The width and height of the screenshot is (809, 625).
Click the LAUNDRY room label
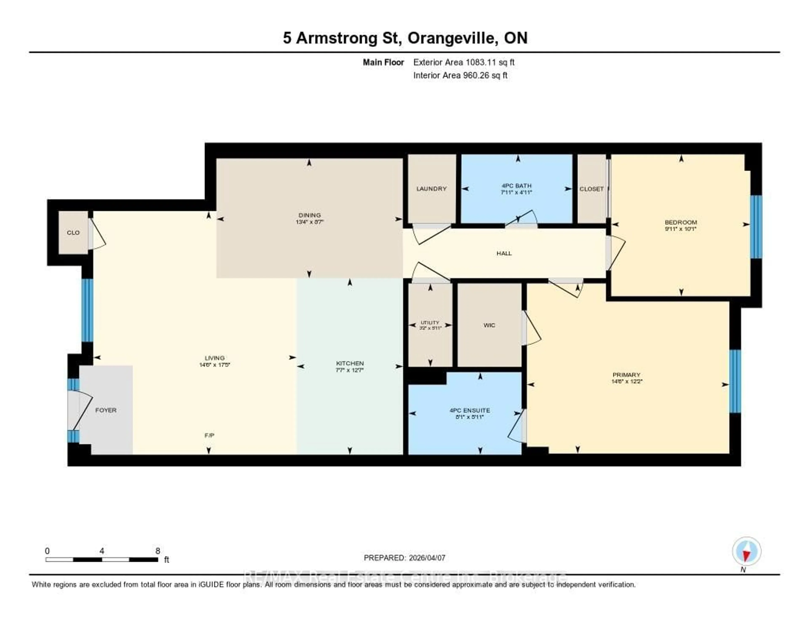click(x=431, y=189)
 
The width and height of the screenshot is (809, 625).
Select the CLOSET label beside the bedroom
click(x=591, y=189)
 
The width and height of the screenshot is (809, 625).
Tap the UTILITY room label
click(x=430, y=323)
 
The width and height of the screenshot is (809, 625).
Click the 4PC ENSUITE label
click(x=470, y=410)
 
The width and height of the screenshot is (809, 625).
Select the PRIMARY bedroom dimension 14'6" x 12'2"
click(x=626, y=381)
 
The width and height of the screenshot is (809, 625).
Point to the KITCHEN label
click(x=350, y=363)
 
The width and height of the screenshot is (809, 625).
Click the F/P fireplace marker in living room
click(x=209, y=435)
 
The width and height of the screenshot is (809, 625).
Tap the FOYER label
click(x=106, y=410)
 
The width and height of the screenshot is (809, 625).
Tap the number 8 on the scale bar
click(x=158, y=551)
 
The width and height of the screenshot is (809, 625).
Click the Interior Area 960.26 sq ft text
click(x=460, y=76)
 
